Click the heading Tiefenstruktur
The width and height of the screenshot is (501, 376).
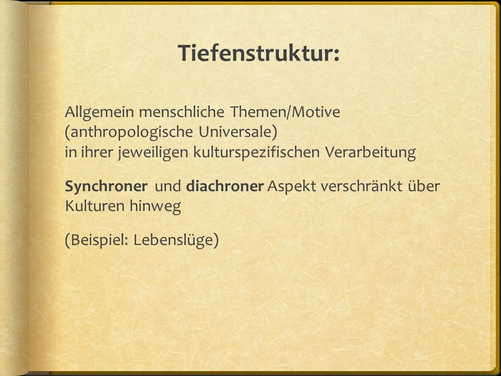pos(258,53)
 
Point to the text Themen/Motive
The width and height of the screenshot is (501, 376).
pos(285,112)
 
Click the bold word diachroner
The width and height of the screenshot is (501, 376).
pos(225,186)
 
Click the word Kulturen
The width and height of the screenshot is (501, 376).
pos(95,206)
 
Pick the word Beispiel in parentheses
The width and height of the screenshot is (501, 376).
pos(97,240)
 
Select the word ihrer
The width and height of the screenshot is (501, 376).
pos(97,152)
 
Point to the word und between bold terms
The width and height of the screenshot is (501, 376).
pos(168,186)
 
